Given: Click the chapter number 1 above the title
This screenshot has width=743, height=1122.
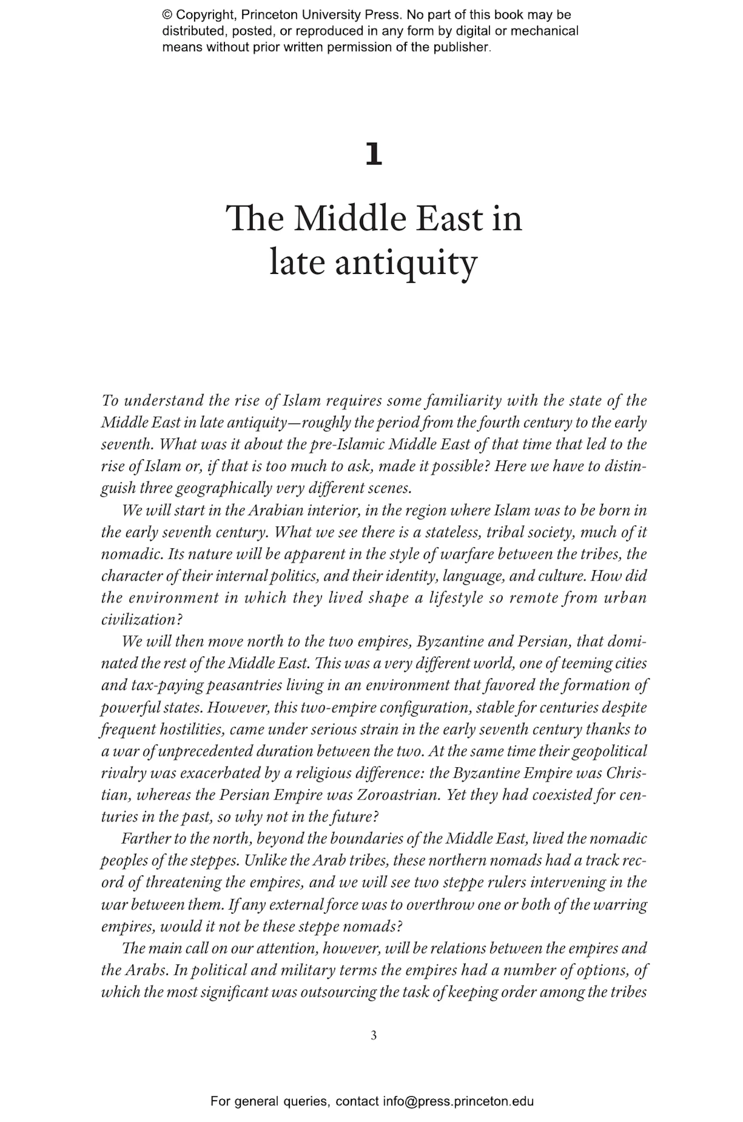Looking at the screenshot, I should tap(373, 155).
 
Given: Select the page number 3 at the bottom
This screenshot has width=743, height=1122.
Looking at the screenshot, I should tap(373, 1035).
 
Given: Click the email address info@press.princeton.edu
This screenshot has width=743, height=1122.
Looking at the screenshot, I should tap(458, 1101).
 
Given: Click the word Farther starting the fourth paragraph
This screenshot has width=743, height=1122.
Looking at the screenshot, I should tap(146, 838).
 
